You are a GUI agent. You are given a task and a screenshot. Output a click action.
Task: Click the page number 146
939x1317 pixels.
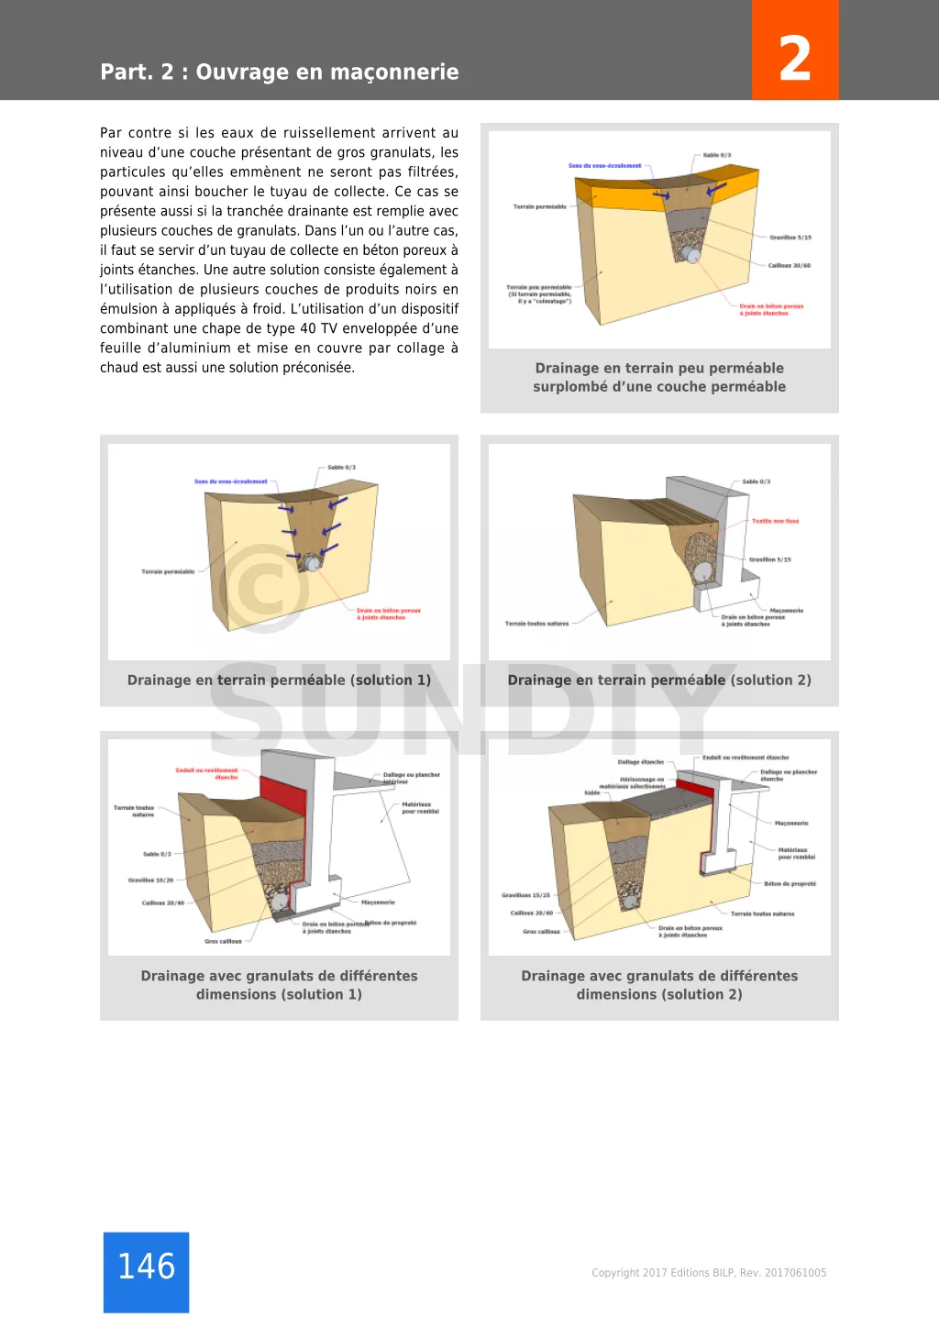tap(146, 1267)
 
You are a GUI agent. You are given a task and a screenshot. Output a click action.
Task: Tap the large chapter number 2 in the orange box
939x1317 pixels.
tap(794, 58)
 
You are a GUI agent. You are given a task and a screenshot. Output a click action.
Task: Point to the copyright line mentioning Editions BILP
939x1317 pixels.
tap(708, 1273)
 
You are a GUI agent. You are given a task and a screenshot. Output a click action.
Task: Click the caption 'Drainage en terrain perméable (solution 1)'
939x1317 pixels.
tap(279, 681)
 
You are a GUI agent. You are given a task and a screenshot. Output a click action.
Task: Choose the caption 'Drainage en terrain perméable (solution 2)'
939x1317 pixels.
tap(659, 681)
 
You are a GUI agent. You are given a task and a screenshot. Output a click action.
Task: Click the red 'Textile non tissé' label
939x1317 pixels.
tap(775, 521)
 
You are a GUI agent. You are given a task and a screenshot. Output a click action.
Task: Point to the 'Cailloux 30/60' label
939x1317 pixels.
tap(789, 266)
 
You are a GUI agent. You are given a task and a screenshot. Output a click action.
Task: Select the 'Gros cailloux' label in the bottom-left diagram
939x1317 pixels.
tap(223, 941)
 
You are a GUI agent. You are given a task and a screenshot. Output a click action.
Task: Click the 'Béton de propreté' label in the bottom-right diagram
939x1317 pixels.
tap(790, 884)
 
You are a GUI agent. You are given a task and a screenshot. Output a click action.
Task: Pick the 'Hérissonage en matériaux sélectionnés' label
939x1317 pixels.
tap(633, 783)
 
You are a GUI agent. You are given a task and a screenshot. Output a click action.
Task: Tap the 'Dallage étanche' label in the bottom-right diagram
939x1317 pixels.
tap(640, 762)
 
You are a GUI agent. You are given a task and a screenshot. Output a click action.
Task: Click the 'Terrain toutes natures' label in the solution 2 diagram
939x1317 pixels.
tap(536, 624)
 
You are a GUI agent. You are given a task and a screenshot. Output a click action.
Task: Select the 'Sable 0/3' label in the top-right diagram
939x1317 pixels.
tap(716, 156)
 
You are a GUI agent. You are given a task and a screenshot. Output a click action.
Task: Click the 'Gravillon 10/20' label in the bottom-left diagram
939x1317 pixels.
tap(150, 880)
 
